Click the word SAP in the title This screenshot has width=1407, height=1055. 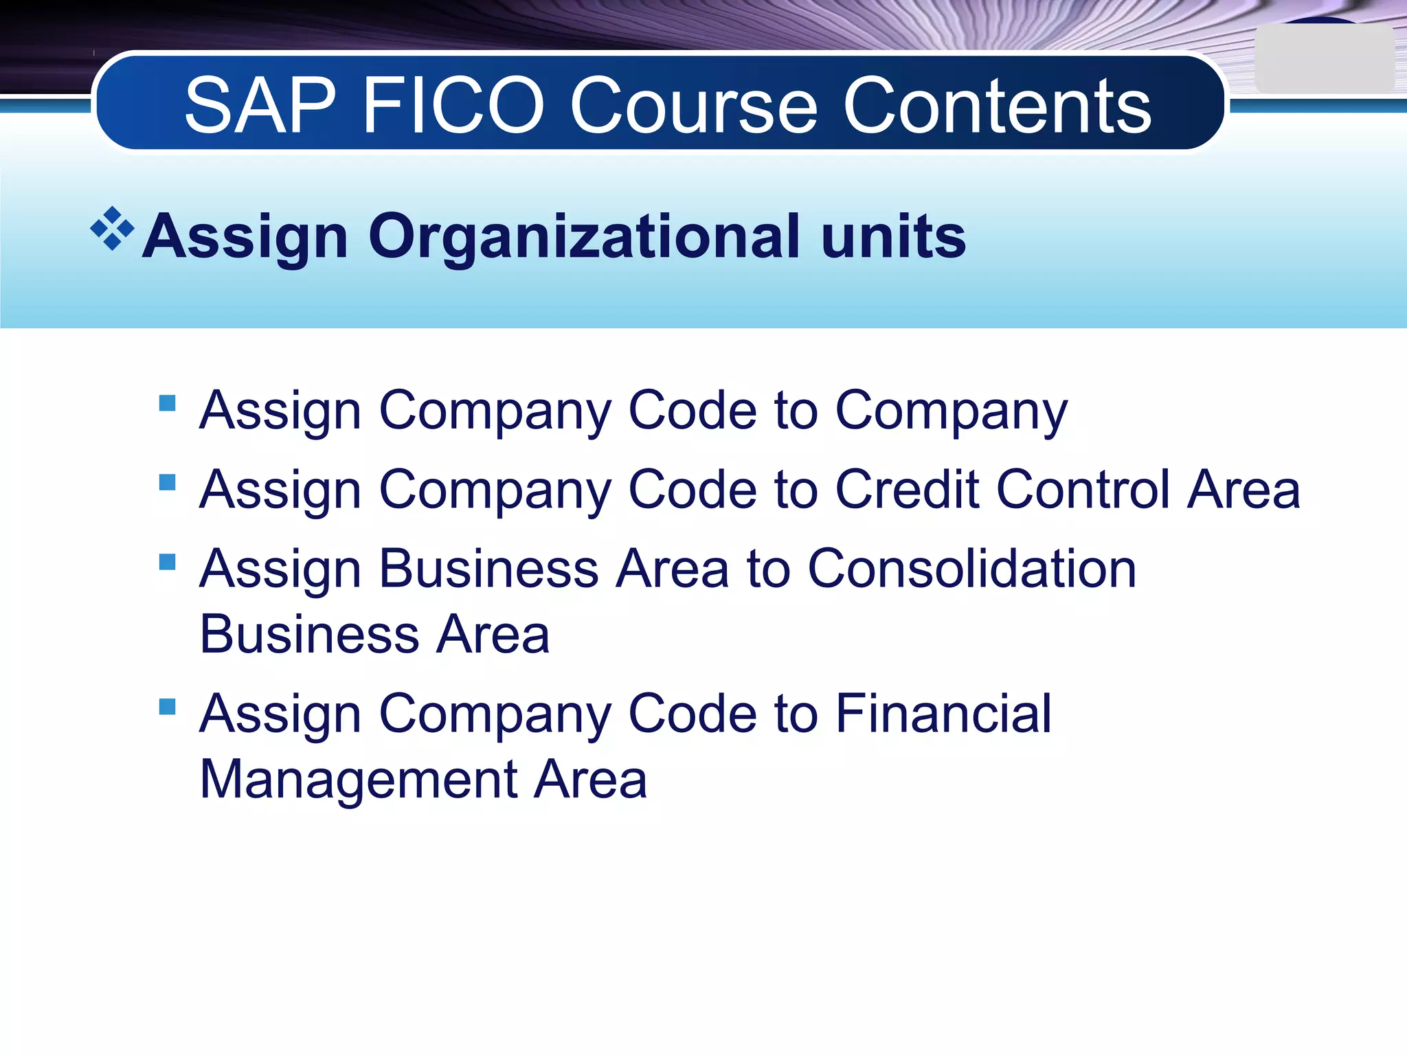point(260,106)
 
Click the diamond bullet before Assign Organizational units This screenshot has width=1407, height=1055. point(112,229)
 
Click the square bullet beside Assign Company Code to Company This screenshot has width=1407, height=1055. point(167,402)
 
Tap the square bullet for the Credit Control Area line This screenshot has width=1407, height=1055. point(167,482)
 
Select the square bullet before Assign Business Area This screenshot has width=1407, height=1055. point(167,562)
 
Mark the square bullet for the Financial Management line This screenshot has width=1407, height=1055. point(167,707)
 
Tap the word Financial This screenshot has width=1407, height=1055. point(943,714)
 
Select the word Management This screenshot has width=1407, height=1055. point(359,780)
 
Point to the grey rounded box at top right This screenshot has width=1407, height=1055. point(1323,60)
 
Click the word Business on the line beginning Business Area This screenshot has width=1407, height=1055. point(309,635)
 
